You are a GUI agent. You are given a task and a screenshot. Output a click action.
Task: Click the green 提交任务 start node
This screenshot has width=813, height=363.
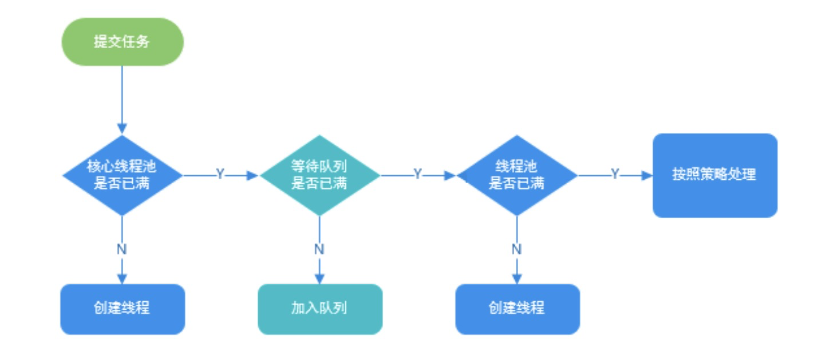pyautogui.click(x=122, y=42)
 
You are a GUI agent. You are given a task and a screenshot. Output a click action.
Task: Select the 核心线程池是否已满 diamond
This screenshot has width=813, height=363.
pyautogui.click(x=122, y=175)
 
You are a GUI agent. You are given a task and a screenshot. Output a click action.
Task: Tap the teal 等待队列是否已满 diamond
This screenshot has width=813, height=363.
pyautogui.click(x=319, y=175)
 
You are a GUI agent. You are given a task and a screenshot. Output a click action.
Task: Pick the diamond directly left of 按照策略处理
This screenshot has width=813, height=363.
pyautogui.click(x=517, y=175)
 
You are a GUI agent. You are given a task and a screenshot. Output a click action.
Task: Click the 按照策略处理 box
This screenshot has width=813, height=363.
pyautogui.click(x=715, y=175)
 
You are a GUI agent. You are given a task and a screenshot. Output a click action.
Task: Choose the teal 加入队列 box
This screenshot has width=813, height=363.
pyautogui.click(x=319, y=309)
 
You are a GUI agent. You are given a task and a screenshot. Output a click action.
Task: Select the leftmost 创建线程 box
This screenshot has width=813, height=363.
pyautogui.click(x=122, y=309)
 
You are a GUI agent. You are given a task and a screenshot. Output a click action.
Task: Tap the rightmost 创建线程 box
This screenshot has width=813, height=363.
pyautogui.click(x=517, y=309)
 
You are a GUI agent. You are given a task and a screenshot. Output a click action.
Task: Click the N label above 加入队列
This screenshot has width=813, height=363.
pyautogui.click(x=319, y=250)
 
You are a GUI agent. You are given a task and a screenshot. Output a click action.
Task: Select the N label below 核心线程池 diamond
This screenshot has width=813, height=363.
pyautogui.click(x=122, y=250)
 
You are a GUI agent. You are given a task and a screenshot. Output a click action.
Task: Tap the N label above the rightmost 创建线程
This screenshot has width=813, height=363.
pyautogui.click(x=517, y=250)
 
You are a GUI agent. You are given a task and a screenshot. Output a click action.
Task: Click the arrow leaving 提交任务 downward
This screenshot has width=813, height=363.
pyautogui.click(x=122, y=97)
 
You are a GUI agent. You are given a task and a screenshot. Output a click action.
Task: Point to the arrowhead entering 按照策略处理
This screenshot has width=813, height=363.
pyautogui.click(x=648, y=175)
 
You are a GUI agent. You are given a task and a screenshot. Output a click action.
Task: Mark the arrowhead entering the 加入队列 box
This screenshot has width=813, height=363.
pyautogui.click(x=319, y=279)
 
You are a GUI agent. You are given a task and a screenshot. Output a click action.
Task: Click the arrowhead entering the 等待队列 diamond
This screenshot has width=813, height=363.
pyautogui.click(x=254, y=175)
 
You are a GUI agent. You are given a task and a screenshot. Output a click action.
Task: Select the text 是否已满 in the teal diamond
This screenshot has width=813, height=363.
pyautogui.click(x=319, y=184)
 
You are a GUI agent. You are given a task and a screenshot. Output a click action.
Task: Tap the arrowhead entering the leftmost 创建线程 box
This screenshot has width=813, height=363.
pyautogui.click(x=122, y=279)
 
